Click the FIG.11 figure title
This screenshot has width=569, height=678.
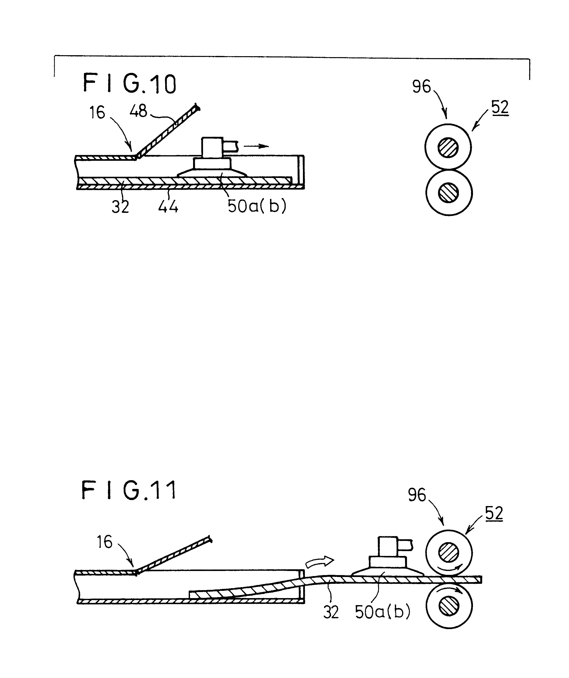(129, 490)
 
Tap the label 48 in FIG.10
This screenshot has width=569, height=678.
(138, 111)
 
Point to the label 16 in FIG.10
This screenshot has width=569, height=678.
(97, 113)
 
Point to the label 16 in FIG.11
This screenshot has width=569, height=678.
(105, 542)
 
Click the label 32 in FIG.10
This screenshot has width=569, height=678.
(121, 206)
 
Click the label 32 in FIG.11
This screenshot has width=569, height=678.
(331, 612)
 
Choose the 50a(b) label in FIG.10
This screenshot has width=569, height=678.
(257, 206)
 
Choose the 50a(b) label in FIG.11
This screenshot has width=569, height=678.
(382, 611)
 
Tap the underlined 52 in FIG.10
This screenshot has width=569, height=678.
(500, 108)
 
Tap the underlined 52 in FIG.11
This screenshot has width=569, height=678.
(494, 513)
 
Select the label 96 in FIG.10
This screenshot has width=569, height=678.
(422, 86)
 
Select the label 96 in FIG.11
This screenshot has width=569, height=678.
(417, 495)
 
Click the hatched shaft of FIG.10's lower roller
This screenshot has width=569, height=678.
(448, 193)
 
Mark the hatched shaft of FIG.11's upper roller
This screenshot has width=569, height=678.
(449, 553)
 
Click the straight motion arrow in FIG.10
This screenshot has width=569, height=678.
(256, 146)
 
